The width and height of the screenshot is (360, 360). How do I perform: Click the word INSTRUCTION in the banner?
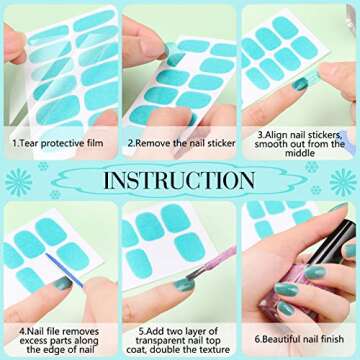coord(180,182)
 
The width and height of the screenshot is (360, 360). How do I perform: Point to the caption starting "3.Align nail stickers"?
coord(300,144)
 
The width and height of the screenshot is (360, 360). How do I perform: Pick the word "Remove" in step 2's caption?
coord(152,144)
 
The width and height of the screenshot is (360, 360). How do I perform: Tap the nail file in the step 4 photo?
coord(62,270)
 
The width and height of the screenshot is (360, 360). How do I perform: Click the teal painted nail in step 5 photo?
coord(182,285)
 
